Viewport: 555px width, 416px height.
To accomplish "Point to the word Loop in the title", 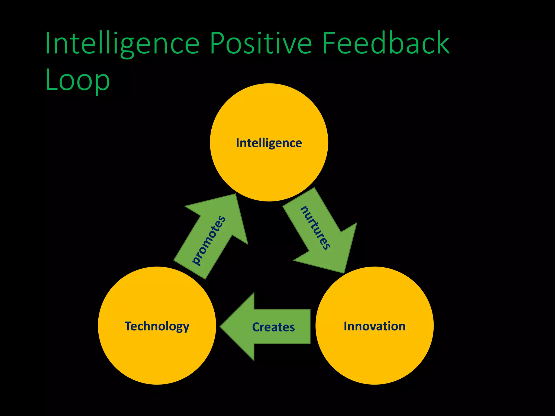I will pos(78,80).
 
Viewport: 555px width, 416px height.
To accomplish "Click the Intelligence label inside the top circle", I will pos(269,143).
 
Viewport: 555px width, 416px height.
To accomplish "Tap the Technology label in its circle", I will pos(157,326).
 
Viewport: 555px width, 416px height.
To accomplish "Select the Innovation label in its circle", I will pos(375,326).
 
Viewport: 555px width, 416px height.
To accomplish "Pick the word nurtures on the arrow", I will pos(315,228).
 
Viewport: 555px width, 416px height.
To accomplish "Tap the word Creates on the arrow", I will pos(273,327).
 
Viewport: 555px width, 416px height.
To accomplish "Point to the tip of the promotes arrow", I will pos(235,195).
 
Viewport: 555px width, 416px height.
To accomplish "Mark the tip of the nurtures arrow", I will pos(344,272).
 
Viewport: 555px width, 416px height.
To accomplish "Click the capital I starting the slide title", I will pos(48,43).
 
